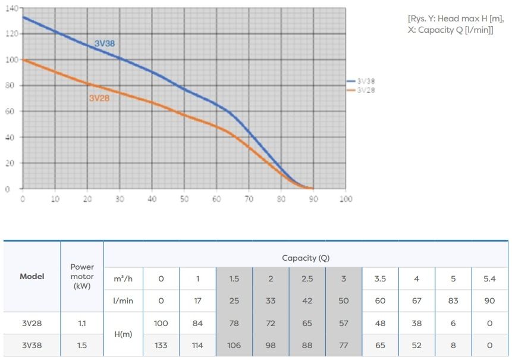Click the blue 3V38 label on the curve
105,43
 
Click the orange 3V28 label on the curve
99,98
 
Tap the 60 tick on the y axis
11,111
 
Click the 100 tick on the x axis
345,199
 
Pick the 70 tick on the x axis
249,199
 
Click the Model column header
32,276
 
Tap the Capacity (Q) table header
306,258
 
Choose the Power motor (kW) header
82,277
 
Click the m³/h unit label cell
123,278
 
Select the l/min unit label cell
123,300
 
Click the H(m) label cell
123,334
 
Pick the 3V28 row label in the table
32,323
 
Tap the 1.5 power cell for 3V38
82,345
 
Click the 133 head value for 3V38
161,345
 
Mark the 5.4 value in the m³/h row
489,278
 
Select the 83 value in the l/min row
453,300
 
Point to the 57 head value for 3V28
344,323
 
